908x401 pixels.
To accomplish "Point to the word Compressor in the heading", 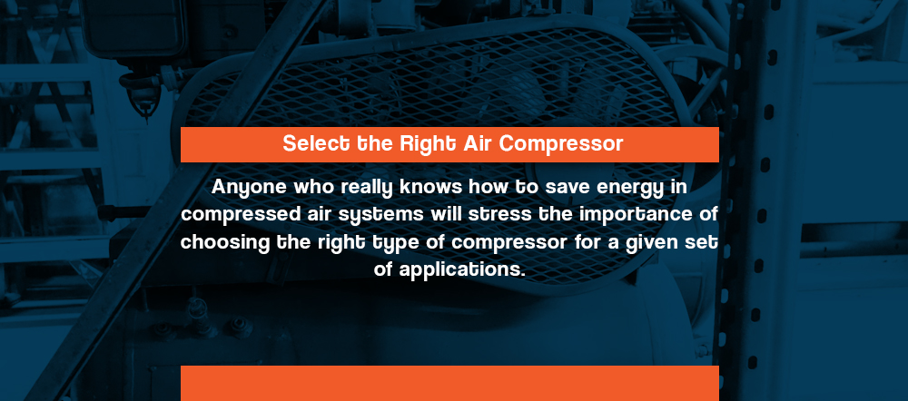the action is (561, 144).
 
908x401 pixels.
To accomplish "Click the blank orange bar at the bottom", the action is (450, 383).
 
